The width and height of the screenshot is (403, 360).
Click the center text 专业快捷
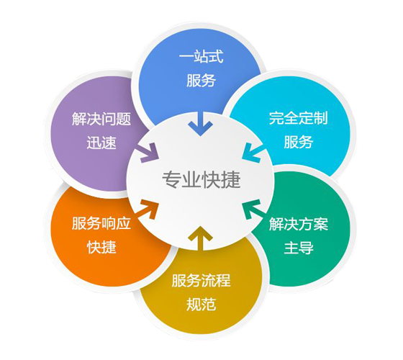click(201, 179)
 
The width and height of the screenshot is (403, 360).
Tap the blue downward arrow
click(200, 124)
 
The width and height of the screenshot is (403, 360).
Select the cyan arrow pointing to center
click(253, 153)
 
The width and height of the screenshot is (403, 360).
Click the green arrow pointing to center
click(253, 209)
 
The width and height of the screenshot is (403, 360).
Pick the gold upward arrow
click(200, 238)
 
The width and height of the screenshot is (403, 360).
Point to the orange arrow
click(148, 210)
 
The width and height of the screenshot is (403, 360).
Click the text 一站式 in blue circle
click(201, 57)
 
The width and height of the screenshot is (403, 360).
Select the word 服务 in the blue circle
click(201, 80)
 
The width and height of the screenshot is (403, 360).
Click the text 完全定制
click(299, 118)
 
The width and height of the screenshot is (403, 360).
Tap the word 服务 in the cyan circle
click(299, 142)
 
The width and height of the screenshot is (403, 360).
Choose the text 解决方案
click(299, 224)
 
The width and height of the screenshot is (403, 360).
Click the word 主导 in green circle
click(299, 248)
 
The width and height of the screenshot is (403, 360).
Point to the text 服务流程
click(201, 280)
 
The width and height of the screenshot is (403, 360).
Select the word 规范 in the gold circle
click(201, 304)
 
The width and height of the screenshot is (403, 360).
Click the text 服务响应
click(101, 223)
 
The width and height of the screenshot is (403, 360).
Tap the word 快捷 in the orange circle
click(101, 247)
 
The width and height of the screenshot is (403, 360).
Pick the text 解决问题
click(101, 119)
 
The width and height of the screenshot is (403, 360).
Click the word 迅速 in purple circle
click(101, 143)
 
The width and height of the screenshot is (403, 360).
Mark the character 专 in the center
click(172, 179)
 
